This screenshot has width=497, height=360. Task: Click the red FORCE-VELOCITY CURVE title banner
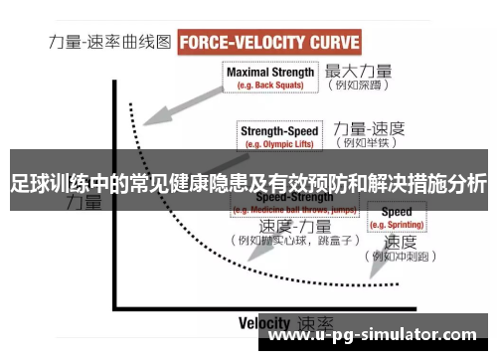coord(268,43)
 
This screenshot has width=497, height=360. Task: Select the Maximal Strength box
coord(270,77)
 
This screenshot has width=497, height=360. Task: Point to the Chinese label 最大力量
coord(359,72)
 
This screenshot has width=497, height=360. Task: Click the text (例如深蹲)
coord(361,87)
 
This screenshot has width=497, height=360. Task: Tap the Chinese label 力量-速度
coord(369,128)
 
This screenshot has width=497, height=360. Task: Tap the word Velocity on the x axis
coord(264,322)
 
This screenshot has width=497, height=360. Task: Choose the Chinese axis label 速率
coord(315,323)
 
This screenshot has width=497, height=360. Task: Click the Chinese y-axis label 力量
coord(83,204)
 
